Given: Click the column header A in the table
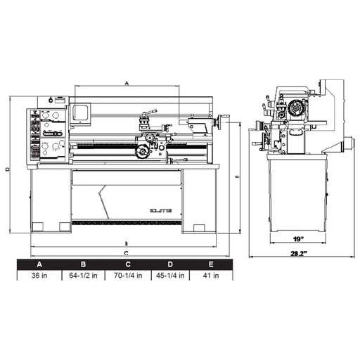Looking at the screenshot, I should point(39,264).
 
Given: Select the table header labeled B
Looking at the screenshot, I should point(83,264).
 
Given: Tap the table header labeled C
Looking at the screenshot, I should point(127,264).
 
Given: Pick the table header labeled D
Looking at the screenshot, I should point(170,264).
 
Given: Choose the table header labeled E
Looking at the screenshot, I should point(212,264).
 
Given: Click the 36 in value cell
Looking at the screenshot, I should point(39,276).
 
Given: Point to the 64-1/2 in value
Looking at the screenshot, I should point(83,276).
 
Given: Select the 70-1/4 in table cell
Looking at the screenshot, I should point(127,276).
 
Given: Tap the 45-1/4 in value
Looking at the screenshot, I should point(170,276).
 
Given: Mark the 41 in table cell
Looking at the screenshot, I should point(212,276).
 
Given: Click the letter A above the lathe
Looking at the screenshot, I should point(126,82).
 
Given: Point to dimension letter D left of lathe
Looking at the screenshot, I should point(6,169).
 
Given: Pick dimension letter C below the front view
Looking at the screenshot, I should point(126,252).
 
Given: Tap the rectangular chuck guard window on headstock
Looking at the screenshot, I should point(79,111).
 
